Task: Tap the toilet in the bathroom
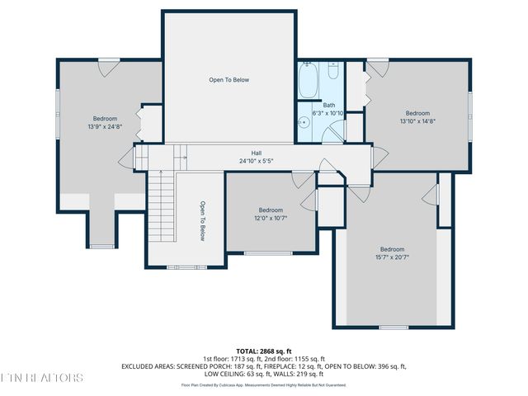(333, 71)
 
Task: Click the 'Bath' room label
(329, 105)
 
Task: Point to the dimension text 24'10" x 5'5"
(257, 161)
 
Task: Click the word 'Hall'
(257, 153)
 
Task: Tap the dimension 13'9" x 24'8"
(105, 127)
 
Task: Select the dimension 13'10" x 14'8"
(417, 121)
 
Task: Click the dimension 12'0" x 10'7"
(271, 218)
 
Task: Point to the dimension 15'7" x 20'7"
(392, 257)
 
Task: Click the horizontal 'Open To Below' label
(229, 80)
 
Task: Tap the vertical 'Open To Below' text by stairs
(202, 221)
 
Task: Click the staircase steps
(163, 206)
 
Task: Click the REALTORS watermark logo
(41, 378)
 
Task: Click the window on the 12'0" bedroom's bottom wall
(267, 252)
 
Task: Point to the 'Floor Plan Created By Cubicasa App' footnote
(264, 384)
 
